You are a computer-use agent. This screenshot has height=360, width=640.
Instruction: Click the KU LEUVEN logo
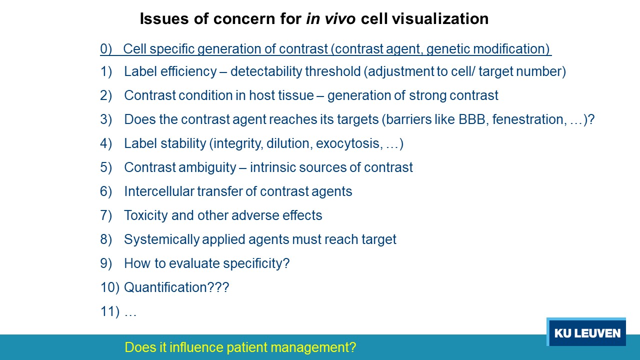pos(586,331)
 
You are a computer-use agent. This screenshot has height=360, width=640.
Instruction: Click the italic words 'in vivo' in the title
pos(331,19)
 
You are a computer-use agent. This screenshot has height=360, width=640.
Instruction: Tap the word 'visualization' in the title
pos(440,19)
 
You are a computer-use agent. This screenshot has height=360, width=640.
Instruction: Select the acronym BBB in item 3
pos(471,119)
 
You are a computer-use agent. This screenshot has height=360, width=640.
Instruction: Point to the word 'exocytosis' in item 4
pos(347,143)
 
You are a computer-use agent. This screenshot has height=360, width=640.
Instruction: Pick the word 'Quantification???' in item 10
pos(176,287)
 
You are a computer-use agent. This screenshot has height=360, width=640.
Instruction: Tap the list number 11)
pos(110,311)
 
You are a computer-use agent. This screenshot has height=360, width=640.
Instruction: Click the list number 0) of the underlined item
pos(106,49)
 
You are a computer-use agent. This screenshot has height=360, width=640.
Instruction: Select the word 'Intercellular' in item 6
pos(159,191)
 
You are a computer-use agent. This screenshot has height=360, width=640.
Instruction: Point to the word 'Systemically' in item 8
pos(161,239)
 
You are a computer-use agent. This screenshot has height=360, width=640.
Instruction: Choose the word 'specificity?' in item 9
pos(256,263)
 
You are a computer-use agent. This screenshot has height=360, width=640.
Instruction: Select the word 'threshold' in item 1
pos(333,71)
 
